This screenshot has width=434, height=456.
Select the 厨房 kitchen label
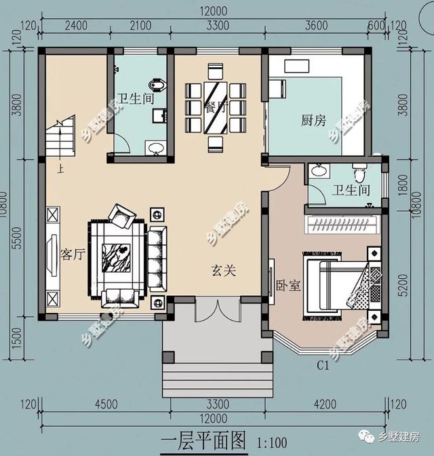click(313, 120)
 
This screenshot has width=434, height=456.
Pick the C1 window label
click(323, 366)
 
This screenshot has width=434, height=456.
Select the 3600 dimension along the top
click(317, 26)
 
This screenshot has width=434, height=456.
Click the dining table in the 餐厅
click(216, 107)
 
